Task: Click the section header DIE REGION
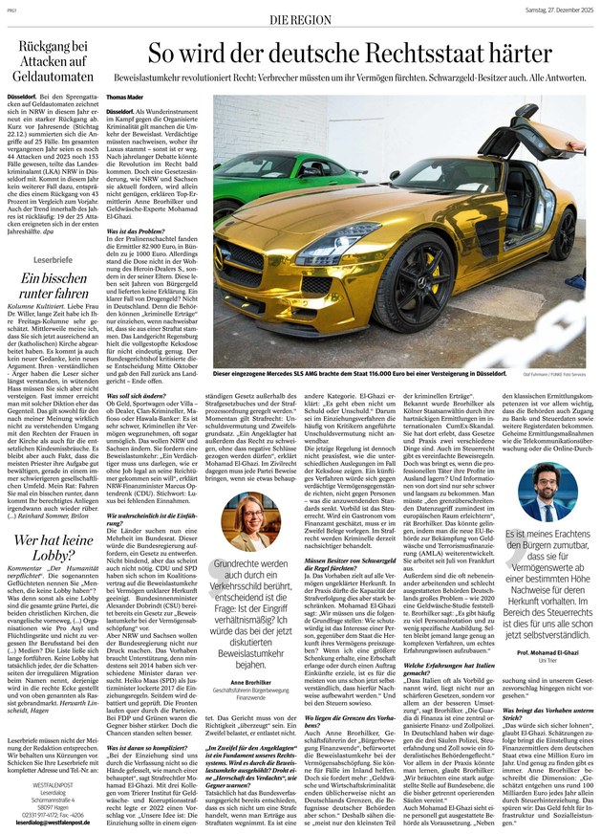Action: tap(301, 19)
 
